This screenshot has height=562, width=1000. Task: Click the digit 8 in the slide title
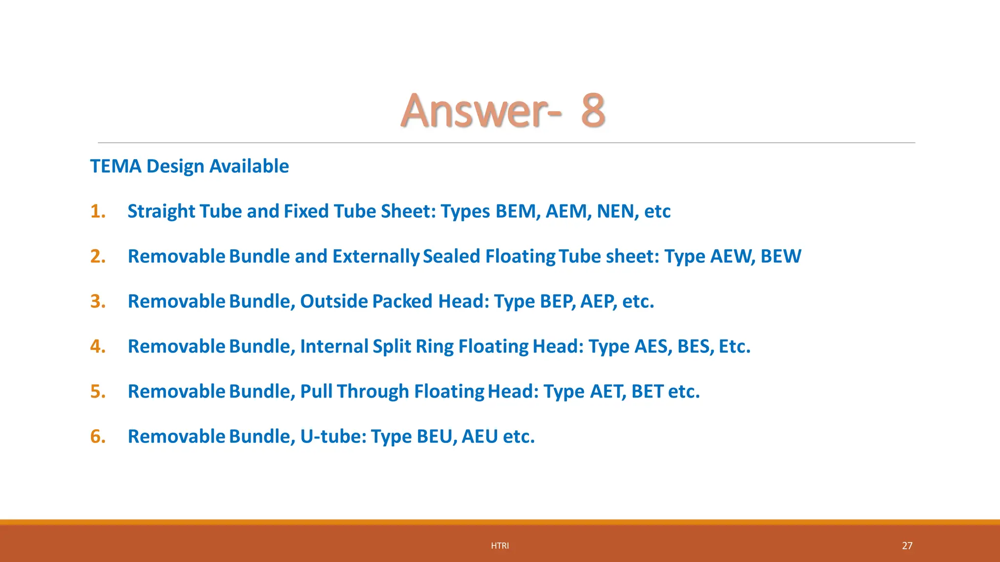(593, 111)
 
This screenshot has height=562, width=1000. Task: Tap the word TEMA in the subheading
(116, 166)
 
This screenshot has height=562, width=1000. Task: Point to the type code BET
(647, 392)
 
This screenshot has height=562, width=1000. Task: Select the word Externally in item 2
(375, 257)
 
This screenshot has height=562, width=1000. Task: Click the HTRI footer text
(500, 546)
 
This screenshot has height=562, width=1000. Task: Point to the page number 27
(907, 546)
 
